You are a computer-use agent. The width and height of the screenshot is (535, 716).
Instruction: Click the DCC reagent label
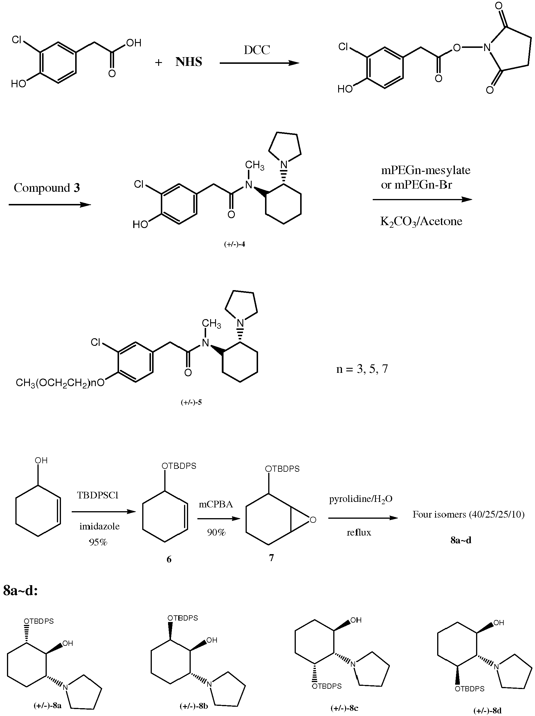[257, 50]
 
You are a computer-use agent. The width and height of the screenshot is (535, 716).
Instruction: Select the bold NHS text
[189, 62]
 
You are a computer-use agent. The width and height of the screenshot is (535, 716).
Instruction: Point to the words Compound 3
[47, 188]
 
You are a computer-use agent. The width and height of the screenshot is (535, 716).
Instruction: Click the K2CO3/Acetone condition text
[421, 221]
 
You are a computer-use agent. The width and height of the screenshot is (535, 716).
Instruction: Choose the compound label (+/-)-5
[191, 402]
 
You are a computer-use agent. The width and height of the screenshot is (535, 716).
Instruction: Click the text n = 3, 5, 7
[362, 369]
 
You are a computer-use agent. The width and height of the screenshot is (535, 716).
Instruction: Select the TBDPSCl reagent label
[98, 495]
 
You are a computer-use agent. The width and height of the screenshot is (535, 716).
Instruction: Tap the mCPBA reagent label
[216, 504]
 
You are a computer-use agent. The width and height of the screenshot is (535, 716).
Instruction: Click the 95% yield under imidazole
[98, 542]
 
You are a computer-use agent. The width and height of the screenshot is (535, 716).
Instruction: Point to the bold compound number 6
[169, 559]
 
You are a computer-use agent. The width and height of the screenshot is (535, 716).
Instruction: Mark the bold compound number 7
[271, 557]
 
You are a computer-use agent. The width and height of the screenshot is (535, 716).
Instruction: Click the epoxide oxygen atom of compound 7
[313, 520]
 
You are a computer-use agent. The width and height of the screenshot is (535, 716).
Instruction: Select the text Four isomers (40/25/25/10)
[468, 514]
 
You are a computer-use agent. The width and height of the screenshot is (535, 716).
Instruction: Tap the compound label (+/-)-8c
[344, 708]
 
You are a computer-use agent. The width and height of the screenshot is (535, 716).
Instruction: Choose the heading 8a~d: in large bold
[20, 591]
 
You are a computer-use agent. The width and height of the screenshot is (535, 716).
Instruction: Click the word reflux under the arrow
[359, 532]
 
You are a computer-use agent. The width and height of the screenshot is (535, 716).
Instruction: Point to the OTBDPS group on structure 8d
[470, 688]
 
